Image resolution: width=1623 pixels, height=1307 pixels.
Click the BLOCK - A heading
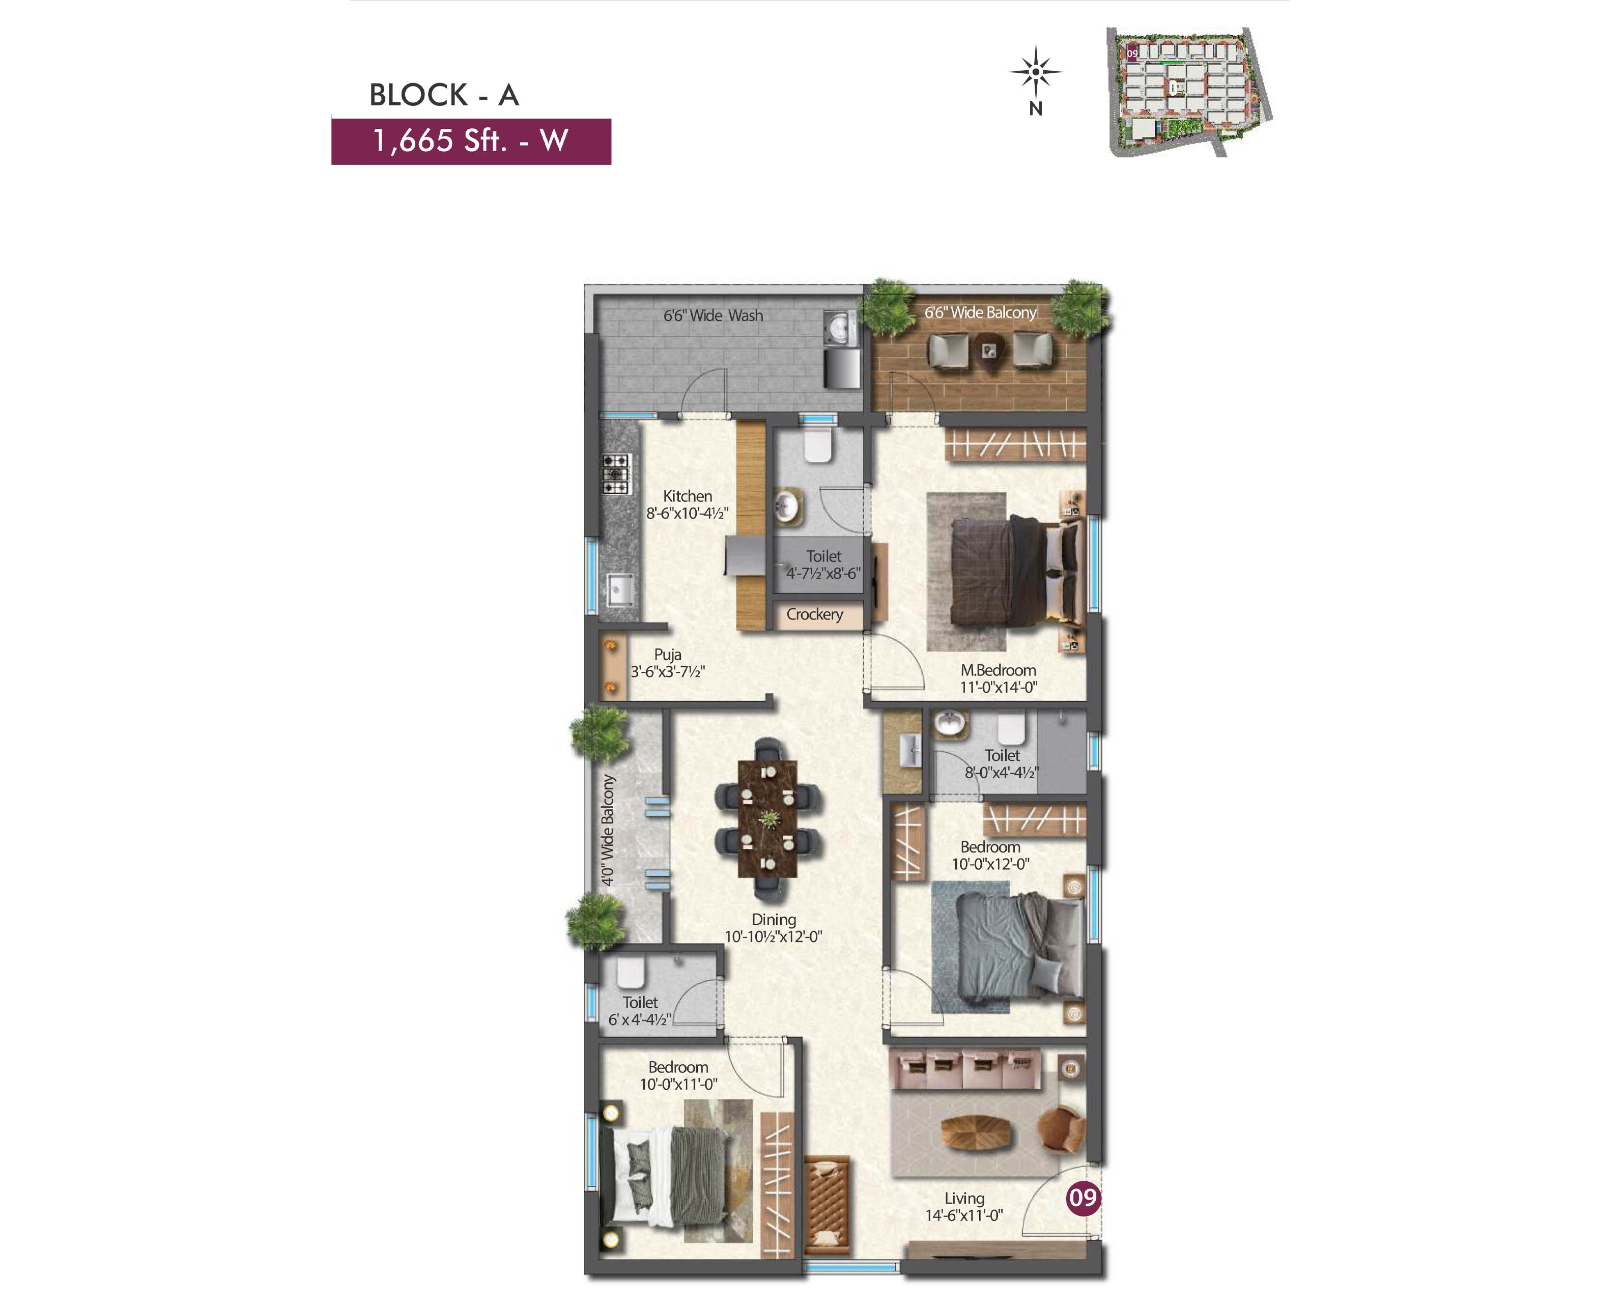click(443, 95)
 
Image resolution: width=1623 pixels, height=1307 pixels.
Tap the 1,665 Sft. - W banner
click(471, 141)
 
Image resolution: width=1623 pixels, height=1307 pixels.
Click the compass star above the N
click(1036, 72)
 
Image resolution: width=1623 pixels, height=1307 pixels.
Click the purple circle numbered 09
click(1083, 1197)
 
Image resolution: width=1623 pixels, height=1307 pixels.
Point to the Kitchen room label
click(687, 496)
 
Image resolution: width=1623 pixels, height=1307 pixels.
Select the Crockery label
click(814, 614)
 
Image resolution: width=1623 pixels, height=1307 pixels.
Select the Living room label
click(964, 1198)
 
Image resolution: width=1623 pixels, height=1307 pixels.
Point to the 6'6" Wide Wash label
click(713, 316)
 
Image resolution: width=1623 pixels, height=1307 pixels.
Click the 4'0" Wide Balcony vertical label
click(608, 830)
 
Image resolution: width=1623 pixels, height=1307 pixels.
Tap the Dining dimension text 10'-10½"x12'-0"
click(773, 936)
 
